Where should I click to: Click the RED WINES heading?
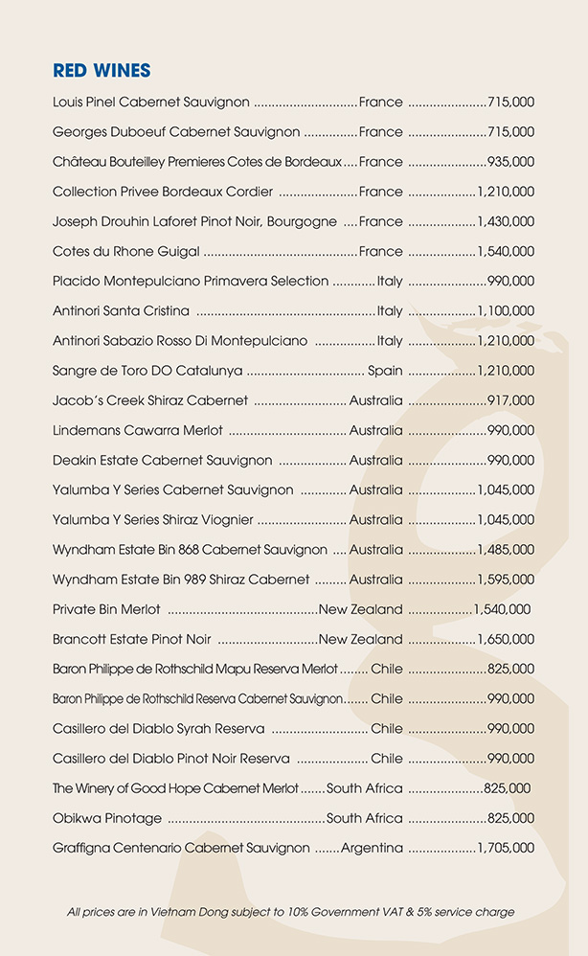pos(102,70)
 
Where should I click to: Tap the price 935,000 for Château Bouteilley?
pos(510,162)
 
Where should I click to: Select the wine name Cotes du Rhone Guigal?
pos(126,251)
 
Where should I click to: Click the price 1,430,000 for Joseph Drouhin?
pos(506,221)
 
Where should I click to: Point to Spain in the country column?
pos(385,371)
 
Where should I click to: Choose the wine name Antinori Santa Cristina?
pos(121,311)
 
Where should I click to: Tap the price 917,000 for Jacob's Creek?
pos(510,400)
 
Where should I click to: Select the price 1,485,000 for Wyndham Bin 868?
pos(506,550)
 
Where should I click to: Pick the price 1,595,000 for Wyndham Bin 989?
pos(506,580)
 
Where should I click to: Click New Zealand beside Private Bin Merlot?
pos(361,609)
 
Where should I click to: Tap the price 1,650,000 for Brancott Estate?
pos(506,639)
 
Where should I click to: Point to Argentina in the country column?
pos(372,848)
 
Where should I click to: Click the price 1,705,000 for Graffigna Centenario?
pos(506,848)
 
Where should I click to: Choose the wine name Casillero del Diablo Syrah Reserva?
pos(159,729)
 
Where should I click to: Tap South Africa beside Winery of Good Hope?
pos(365,788)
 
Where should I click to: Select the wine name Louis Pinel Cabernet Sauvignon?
pos(151,102)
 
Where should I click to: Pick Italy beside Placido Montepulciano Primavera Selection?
pos(390,282)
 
